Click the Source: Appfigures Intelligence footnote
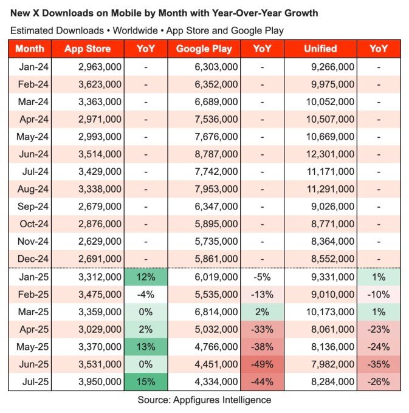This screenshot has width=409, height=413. coord(204,400)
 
